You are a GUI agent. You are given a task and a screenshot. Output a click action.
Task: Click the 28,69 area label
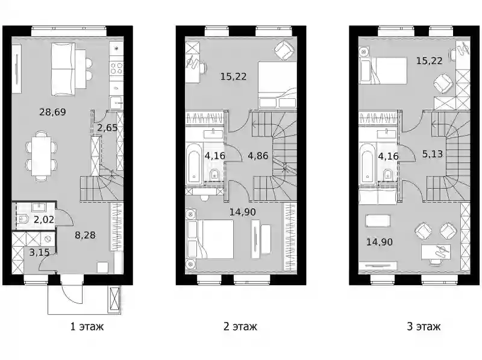click(52, 112)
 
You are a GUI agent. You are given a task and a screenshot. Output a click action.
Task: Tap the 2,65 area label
click(107, 127)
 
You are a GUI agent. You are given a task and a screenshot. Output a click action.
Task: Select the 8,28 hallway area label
click(85, 235)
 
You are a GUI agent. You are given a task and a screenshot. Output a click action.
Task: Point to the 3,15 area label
click(39, 253)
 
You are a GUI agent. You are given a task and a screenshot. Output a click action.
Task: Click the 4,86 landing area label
click(258, 156)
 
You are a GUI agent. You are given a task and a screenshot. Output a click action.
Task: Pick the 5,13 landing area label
click(432, 154)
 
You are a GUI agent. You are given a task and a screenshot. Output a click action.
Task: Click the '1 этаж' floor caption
click(87, 326)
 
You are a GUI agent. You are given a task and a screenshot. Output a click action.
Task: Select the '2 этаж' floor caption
click(240, 326)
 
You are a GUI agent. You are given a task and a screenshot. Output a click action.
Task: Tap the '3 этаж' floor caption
click(424, 326)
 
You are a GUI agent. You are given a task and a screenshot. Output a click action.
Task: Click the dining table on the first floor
click(41, 156)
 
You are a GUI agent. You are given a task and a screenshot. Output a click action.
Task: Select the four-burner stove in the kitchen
click(116, 68)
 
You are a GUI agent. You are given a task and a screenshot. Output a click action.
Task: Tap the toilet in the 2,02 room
click(22, 219)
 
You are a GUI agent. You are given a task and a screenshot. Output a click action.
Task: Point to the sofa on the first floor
click(63, 69)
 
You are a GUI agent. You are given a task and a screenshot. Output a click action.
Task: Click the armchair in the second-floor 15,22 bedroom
click(284, 51)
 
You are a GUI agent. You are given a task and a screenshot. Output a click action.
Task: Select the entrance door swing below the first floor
click(72, 290)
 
